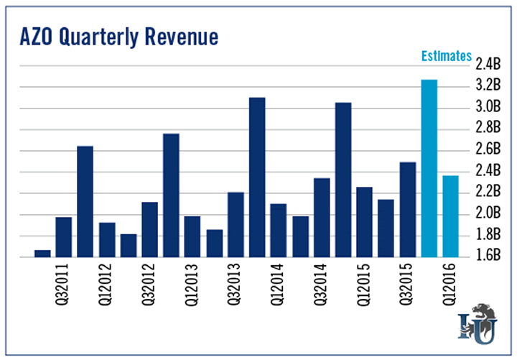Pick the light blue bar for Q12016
[x=451, y=216]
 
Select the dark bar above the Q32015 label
[x=408, y=208]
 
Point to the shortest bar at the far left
[x=42, y=252]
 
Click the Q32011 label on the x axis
[x=62, y=287]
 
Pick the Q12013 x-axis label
[x=192, y=287]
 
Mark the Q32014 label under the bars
[x=321, y=287]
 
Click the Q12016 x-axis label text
[x=450, y=287]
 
